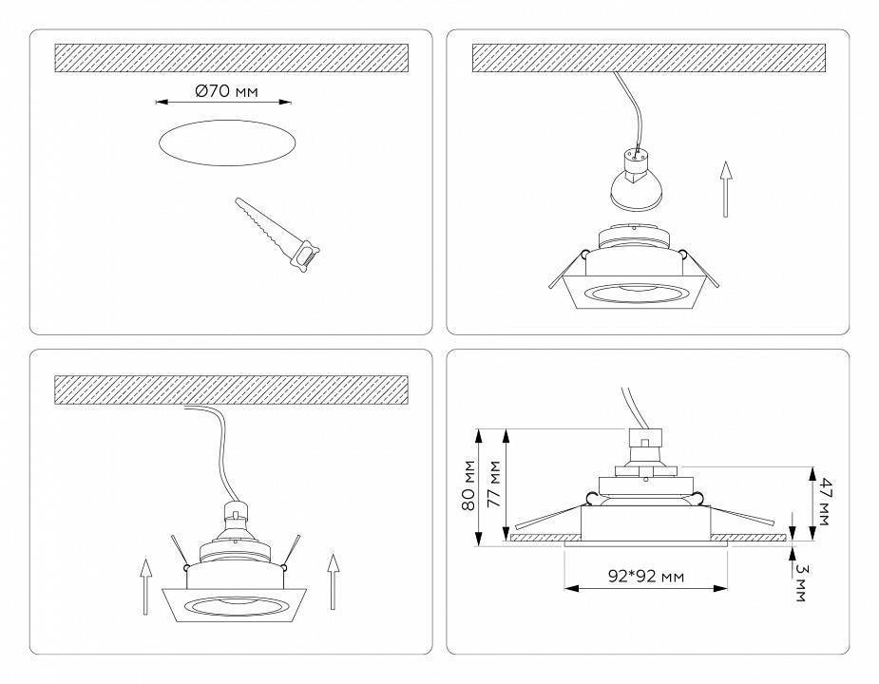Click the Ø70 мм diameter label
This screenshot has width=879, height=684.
click(227, 92)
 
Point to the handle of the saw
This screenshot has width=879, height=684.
click(307, 256)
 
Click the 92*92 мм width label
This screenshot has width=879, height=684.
click(646, 576)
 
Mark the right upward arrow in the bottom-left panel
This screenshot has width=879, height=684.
click(333, 579)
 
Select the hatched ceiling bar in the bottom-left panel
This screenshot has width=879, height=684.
click(232, 389)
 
